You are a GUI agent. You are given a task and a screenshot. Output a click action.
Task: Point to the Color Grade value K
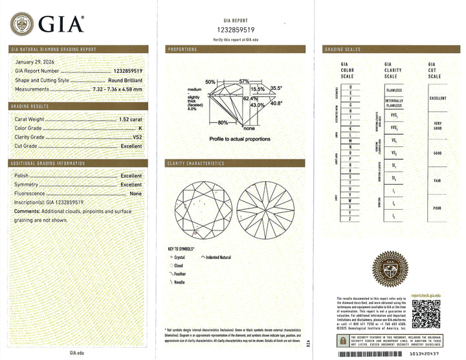click(140, 128)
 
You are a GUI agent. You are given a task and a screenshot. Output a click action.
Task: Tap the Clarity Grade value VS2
click(137, 137)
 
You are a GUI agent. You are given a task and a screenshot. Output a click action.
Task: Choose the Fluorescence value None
click(135, 194)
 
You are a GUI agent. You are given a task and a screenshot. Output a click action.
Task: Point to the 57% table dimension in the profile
click(244, 80)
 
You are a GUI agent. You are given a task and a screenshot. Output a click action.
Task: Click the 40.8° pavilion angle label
click(276, 103)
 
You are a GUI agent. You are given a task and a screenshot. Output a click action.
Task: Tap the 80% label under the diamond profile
click(223, 122)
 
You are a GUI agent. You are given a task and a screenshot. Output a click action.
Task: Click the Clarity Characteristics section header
click(196, 163)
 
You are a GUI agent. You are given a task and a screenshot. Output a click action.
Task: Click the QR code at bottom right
click(425, 315)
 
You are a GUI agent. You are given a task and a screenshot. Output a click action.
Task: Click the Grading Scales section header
click(343, 50)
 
